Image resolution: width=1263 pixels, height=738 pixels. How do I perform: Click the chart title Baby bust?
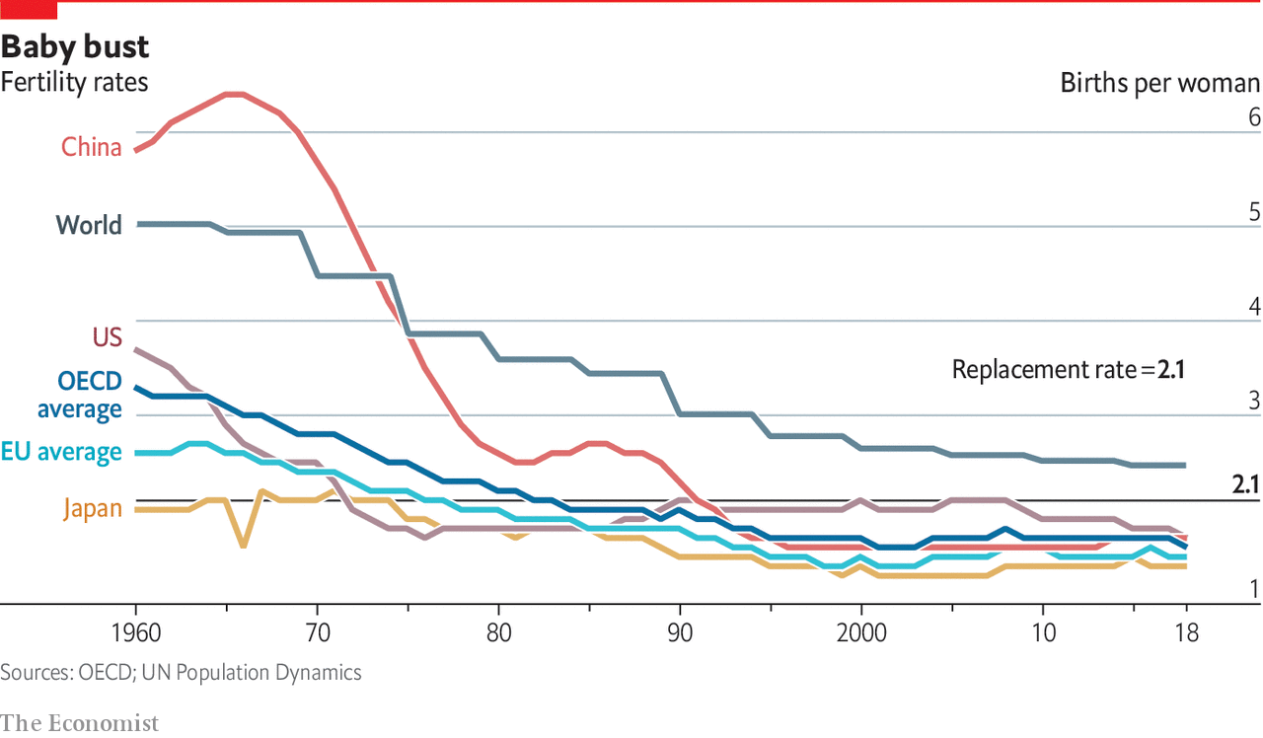75,46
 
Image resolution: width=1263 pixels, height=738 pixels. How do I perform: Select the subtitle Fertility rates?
74,82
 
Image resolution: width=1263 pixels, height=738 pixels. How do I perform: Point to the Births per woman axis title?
1159,84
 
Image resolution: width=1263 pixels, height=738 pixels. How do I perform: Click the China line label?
92,147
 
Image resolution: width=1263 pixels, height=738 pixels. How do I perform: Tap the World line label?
89,225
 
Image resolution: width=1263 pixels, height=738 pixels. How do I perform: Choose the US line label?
108,337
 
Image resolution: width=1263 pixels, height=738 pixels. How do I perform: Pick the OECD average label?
80,396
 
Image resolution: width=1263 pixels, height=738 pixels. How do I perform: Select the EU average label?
61,452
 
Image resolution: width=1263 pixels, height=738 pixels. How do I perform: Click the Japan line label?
93,508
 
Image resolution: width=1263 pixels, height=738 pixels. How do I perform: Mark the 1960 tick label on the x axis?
136,633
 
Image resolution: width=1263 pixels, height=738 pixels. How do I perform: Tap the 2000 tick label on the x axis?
861,633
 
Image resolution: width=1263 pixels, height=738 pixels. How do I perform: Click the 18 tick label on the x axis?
1187,633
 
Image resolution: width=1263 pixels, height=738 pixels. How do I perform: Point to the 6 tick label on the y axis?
1254,117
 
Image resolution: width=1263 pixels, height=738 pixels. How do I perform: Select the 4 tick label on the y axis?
1254,307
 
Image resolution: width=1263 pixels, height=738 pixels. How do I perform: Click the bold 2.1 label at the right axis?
1245,484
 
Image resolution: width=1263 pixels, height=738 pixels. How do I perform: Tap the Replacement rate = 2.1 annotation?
1069,370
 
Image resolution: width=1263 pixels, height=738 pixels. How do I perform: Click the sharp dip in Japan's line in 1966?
243,546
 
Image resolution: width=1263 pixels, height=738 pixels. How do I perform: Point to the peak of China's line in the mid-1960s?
234,94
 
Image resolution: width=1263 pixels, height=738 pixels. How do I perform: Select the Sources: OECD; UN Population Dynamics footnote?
181,673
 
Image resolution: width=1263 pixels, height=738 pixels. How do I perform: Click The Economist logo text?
80,723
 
